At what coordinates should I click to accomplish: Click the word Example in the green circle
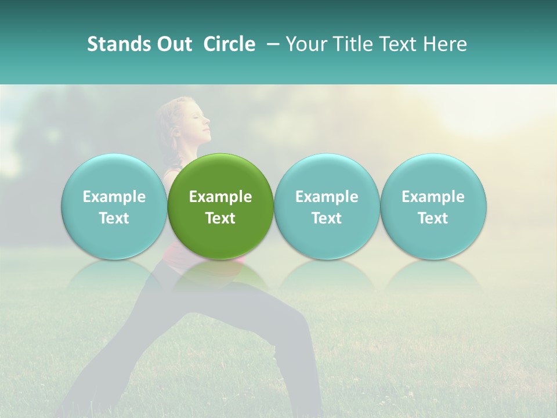point(220,197)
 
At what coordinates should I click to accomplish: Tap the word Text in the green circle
point(220,218)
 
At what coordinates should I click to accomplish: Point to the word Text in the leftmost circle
point(114,218)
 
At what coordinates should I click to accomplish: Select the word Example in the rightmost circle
point(433,197)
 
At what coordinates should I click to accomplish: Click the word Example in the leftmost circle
point(114,197)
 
